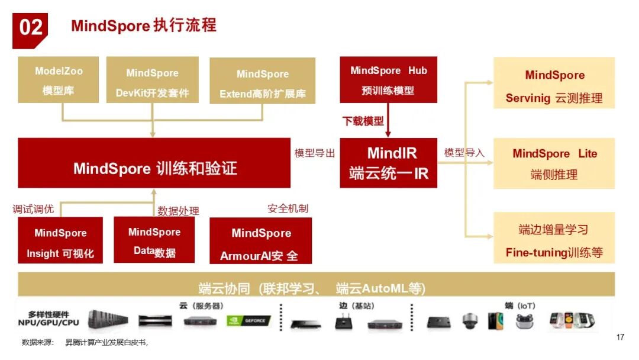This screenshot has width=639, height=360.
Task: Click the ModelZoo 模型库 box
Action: tap(58, 80)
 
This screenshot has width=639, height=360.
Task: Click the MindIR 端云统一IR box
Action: tap(388, 163)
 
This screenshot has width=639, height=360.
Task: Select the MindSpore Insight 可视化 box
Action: tap(60, 243)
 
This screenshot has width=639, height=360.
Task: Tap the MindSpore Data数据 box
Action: tap(154, 242)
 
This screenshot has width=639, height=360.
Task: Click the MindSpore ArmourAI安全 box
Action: tap(261, 243)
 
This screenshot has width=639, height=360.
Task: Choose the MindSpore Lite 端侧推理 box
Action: tap(554, 163)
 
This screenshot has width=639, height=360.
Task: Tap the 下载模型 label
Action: tap(363, 121)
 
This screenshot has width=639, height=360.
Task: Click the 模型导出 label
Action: tap(315, 153)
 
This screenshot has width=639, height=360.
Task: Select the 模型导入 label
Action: tap(464, 153)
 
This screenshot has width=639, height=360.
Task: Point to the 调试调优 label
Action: tap(34, 208)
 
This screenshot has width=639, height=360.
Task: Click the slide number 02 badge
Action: tap(30, 28)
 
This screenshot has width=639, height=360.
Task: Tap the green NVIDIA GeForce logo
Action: tap(249, 321)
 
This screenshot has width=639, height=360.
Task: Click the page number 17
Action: tap(620, 337)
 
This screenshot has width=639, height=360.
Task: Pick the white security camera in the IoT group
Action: tap(469, 321)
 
